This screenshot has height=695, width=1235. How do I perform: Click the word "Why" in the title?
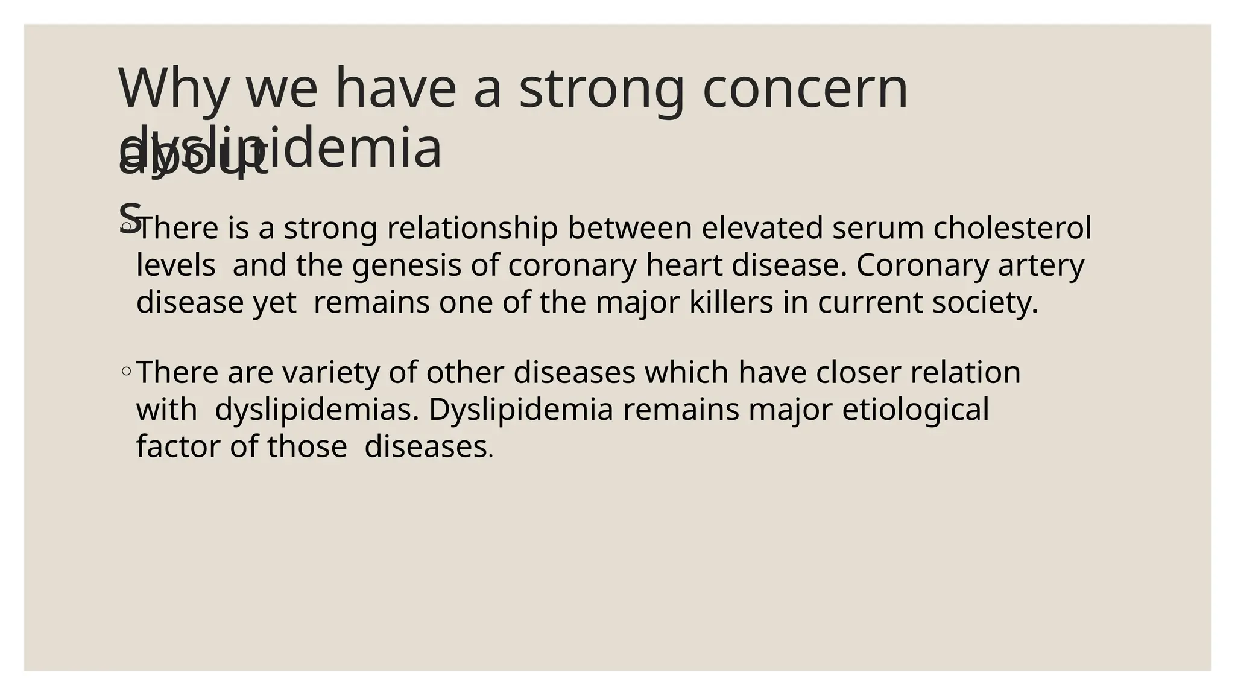(174, 89)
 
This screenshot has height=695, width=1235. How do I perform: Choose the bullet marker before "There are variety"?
(126, 372)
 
